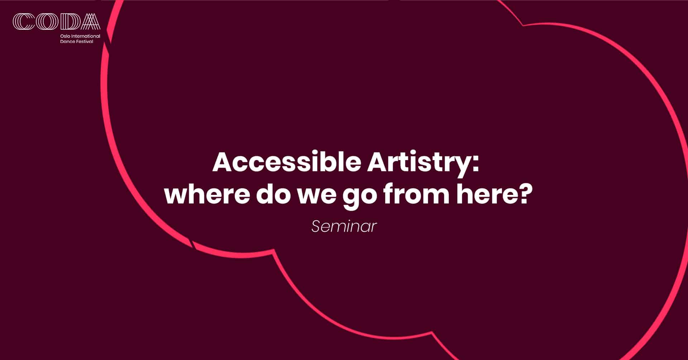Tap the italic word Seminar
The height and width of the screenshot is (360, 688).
(x=344, y=226)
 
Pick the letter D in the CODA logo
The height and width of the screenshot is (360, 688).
(x=67, y=21)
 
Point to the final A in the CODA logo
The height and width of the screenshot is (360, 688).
(x=89, y=21)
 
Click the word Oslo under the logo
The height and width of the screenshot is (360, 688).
(x=65, y=37)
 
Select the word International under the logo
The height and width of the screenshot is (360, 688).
(x=86, y=37)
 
